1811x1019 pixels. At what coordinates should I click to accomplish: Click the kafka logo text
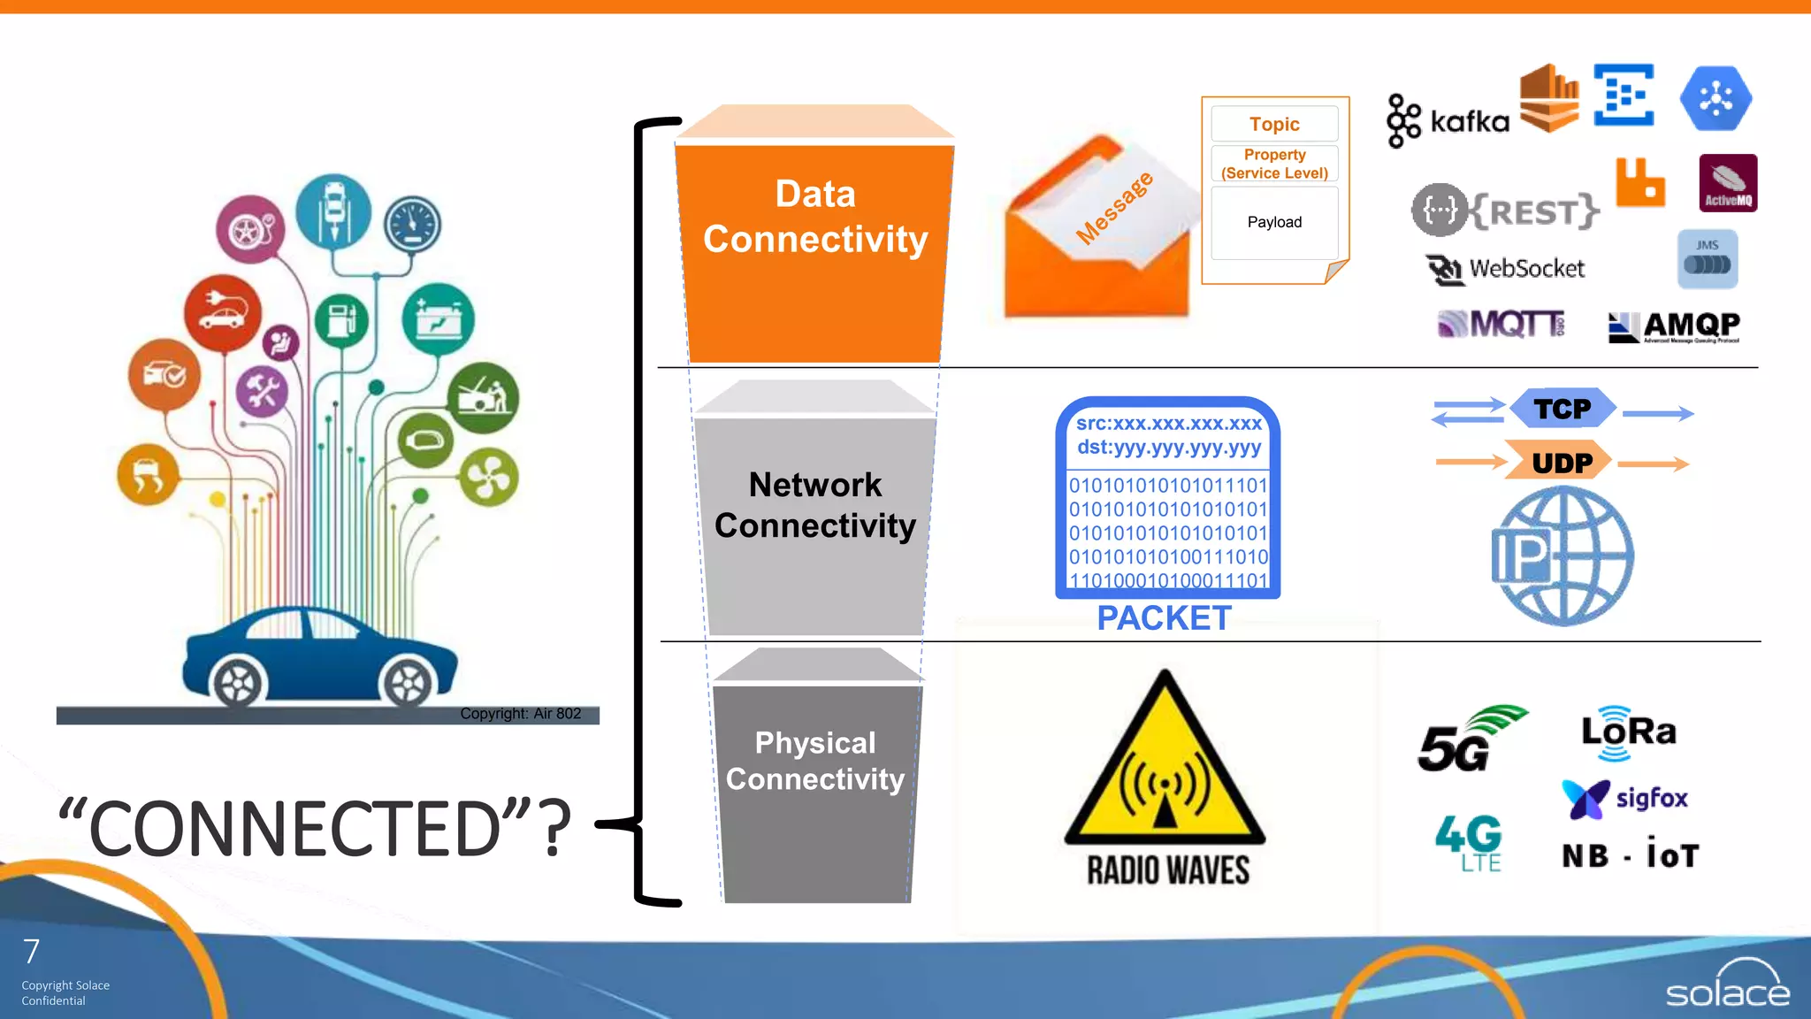tap(1469, 121)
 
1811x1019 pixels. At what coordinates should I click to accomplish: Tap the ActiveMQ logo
tap(1728, 183)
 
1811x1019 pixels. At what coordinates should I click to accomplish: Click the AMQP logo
tap(1673, 326)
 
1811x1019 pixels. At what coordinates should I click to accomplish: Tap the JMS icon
tap(1708, 259)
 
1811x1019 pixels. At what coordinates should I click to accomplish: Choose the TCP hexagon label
tap(1563, 410)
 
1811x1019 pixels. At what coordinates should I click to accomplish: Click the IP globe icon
tap(1563, 555)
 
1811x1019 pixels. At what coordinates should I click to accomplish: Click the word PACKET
tap(1164, 617)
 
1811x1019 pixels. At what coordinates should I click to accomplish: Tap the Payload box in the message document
tap(1274, 222)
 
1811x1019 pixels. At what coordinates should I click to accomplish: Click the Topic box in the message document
tap(1274, 124)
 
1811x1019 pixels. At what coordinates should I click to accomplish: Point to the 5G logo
tap(1468, 740)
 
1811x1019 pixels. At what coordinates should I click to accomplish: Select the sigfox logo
tap(1625, 798)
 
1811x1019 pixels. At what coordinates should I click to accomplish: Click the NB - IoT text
tap(1630, 855)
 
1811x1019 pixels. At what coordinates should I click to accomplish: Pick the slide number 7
tap(32, 952)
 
